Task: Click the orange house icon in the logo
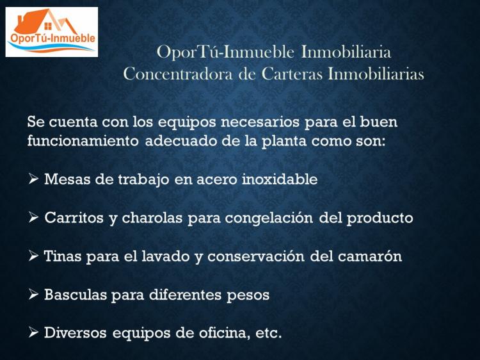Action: (46, 21)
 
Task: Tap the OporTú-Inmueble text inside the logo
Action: (52, 38)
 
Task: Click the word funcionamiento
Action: (83, 141)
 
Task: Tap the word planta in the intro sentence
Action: (284, 142)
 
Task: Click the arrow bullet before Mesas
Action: (33, 179)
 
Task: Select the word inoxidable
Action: (280, 179)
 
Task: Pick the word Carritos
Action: (74, 218)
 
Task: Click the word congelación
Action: (269, 218)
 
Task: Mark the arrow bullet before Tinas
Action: (33, 256)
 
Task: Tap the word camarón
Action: (370, 256)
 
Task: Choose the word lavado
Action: (166, 256)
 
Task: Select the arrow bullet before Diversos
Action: (33, 332)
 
